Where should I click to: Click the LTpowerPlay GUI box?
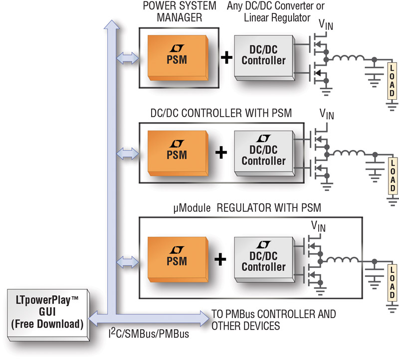click(48, 315)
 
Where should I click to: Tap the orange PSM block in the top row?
click(178, 58)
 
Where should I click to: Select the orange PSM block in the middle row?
click(178, 153)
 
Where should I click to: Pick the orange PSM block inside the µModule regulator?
click(178, 259)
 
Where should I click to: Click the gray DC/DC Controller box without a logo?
click(265, 58)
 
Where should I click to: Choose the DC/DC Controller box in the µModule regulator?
click(265, 259)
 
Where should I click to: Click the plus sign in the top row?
click(226, 58)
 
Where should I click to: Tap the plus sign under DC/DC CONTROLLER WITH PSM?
click(221, 153)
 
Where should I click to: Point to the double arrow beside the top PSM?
click(128, 58)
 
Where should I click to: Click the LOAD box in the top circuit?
click(392, 81)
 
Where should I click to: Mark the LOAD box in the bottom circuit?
click(392, 283)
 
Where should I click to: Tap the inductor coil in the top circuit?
click(349, 58)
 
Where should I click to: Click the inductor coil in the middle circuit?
click(349, 153)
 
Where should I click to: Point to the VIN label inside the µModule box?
click(318, 226)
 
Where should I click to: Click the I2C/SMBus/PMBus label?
click(149, 333)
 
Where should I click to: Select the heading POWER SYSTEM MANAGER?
click(180, 11)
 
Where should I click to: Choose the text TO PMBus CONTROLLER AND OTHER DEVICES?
click(273, 320)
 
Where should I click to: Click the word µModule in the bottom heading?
click(192, 208)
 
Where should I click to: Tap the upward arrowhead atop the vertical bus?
click(111, 24)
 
